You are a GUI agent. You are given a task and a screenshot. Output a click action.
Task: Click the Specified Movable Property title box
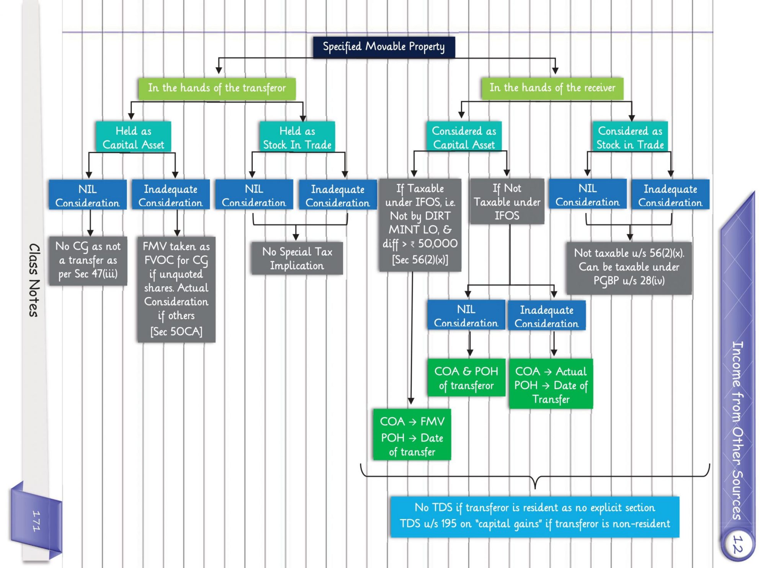(384, 47)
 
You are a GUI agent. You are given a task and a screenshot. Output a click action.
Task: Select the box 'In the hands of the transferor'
(217, 88)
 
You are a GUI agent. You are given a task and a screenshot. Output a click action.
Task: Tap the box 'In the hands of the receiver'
(552, 88)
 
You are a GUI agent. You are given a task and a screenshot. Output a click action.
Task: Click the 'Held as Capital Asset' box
(133, 137)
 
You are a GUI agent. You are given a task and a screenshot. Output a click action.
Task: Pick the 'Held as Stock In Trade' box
(297, 137)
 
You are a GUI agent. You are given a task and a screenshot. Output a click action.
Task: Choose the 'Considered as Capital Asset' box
(464, 137)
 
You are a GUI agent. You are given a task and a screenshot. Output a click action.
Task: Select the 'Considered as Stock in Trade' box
(630, 137)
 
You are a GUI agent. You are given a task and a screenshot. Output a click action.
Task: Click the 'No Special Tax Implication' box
(297, 258)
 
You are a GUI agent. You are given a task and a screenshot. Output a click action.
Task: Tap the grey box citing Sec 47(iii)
(88, 260)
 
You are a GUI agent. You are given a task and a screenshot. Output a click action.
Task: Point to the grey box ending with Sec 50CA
(176, 289)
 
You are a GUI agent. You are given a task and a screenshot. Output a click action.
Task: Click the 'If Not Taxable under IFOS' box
(507, 202)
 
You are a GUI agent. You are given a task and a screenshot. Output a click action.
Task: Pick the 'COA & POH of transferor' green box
(466, 378)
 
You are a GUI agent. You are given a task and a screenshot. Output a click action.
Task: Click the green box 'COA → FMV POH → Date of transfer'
(412, 435)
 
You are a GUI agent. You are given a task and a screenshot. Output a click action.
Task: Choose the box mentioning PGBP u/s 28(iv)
(629, 268)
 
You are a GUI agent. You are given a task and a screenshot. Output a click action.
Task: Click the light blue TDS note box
(534, 516)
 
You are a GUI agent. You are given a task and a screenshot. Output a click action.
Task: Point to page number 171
(36, 521)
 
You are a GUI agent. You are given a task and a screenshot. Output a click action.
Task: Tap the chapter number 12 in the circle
(737, 544)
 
